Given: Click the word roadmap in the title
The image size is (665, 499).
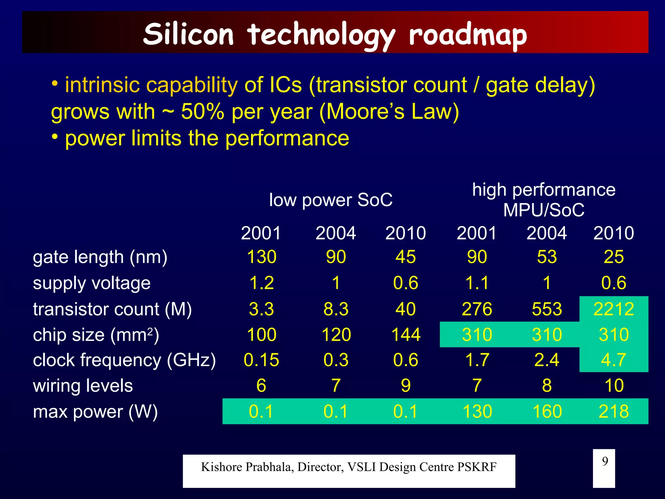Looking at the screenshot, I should coord(468,35).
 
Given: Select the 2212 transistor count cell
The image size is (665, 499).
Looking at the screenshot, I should coord(613,309).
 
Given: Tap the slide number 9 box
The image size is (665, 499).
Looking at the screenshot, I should coord(604,468).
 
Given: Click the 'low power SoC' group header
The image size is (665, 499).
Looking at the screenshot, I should coord(331,200).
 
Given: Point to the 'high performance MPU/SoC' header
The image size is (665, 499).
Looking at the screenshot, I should coord(544,200).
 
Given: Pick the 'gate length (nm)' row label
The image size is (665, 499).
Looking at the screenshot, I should coord(100,257).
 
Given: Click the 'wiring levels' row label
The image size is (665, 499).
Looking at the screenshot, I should coord(83,386).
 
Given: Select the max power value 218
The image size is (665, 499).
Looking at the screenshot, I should coord(613,411).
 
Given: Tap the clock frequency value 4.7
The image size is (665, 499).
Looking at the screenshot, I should coord(613,360).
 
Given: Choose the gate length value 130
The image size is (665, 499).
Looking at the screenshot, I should coord(261,257).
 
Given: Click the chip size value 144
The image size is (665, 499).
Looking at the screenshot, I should coord(406,335).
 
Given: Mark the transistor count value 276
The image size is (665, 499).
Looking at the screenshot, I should coord(477,309).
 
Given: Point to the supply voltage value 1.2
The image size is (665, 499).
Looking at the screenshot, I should coord(261,283).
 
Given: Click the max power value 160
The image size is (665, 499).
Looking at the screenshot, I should coord(547,411).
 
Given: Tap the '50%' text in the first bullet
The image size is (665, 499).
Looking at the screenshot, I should coord(202,112).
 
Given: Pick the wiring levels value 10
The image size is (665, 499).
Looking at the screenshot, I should coord(614,386).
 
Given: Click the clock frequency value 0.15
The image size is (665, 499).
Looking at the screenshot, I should coord(261,360).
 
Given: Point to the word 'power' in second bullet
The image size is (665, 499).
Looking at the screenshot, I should coord(95,139).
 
